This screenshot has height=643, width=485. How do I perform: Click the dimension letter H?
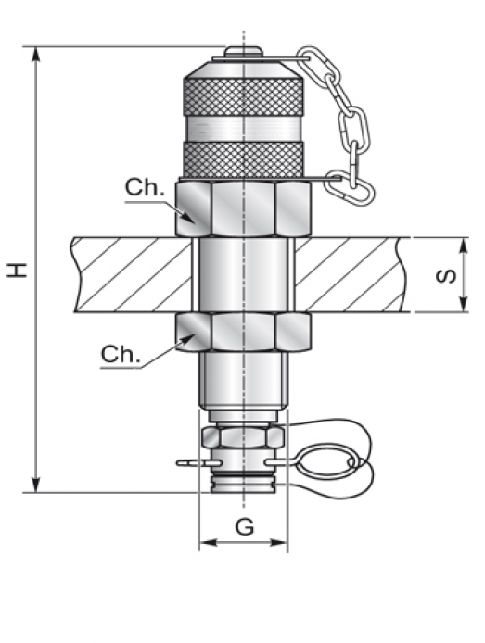[x=18, y=271]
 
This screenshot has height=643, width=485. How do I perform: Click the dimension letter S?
[x=446, y=275]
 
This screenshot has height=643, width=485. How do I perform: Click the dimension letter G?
[x=245, y=526]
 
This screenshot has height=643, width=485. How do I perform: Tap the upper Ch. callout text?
[x=145, y=188]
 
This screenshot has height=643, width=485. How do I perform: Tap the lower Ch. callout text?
[x=121, y=354]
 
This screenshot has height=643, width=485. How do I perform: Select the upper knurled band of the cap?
[x=244, y=97]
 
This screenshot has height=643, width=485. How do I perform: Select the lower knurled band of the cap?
[x=244, y=160]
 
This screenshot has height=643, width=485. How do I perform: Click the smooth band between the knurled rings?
[x=244, y=129]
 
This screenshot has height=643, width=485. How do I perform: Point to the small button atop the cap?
[x=243, y=51]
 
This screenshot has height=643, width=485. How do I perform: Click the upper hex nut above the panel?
[x=243, y=209]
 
